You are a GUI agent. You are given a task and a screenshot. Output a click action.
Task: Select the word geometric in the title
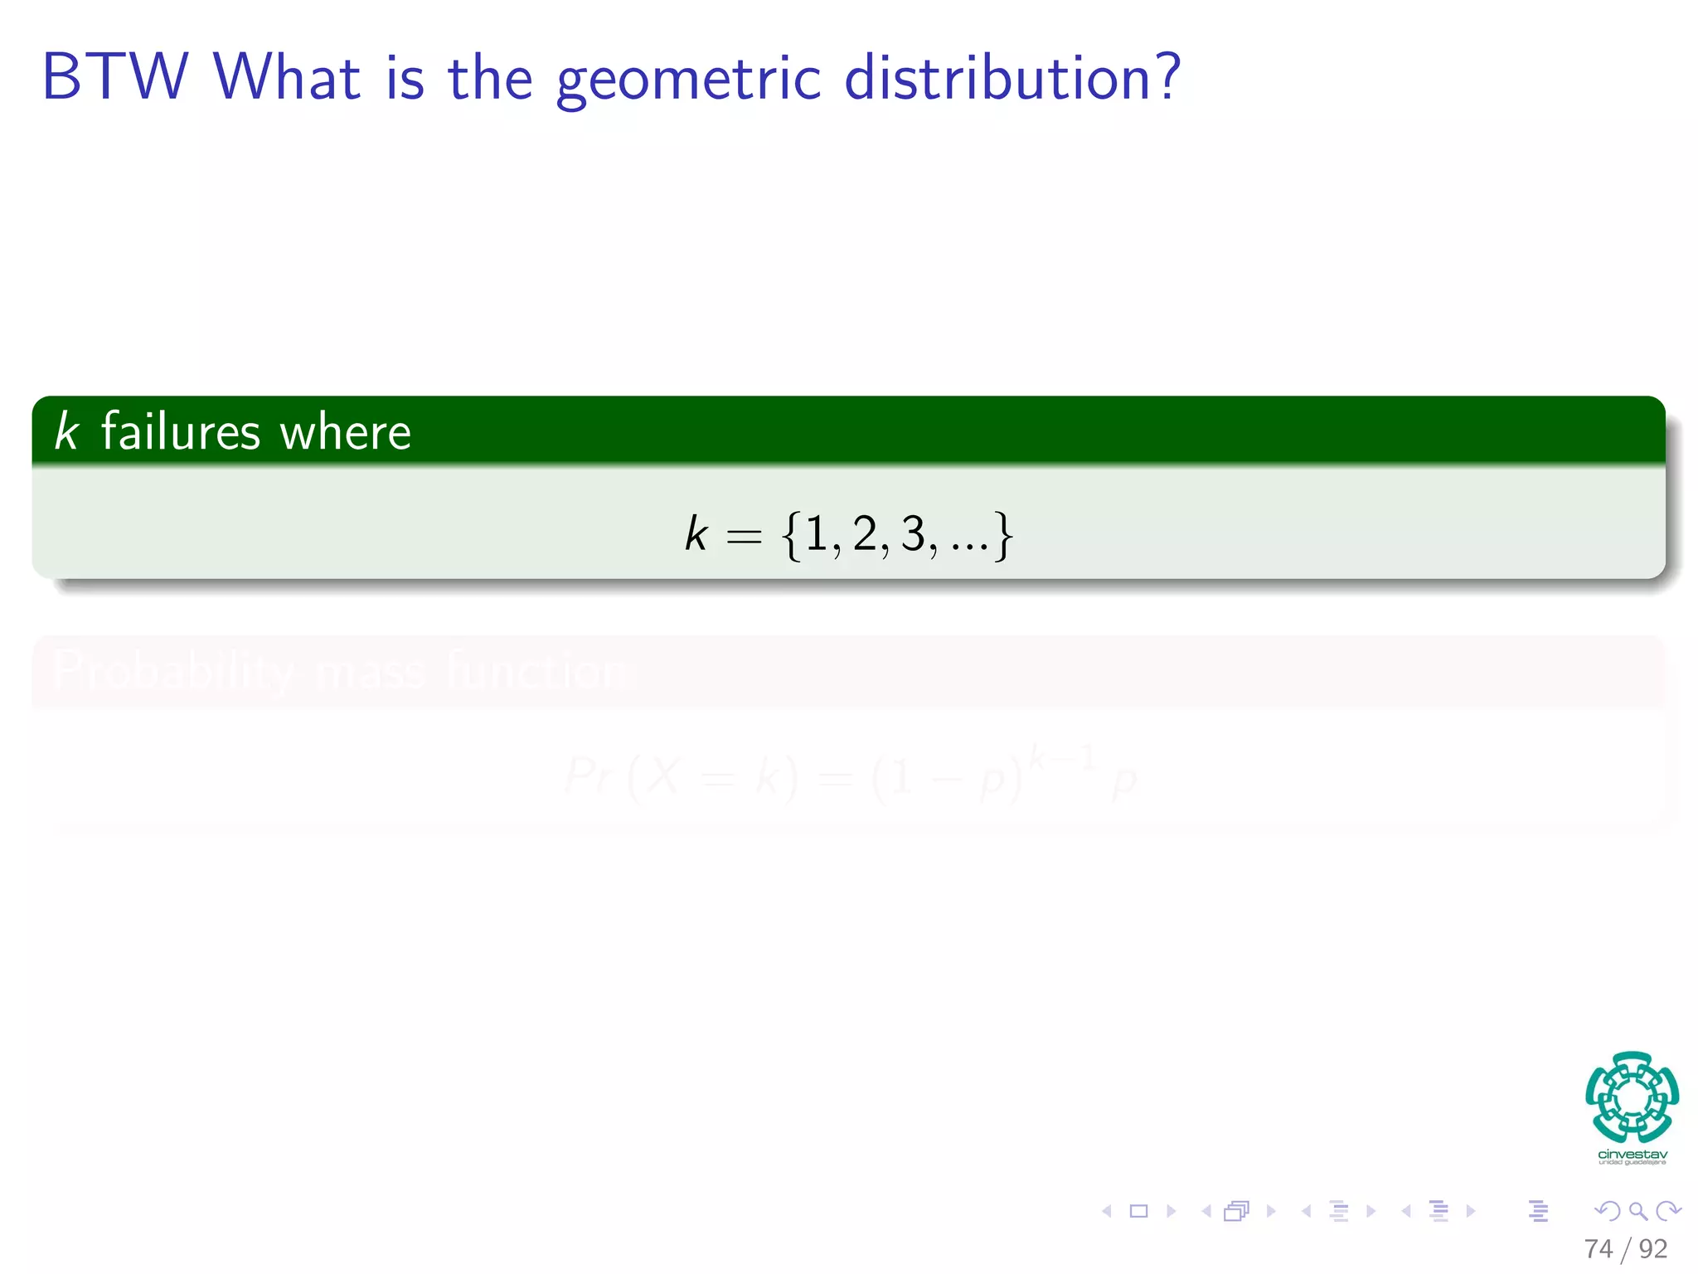[688, 80]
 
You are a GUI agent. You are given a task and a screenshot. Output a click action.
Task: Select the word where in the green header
[345, 433]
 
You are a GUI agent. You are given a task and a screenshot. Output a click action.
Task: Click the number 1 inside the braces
[816, 533]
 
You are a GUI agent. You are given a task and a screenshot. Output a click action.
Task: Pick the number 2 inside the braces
[864, 533]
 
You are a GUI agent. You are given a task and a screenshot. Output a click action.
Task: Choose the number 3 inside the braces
[913, 533]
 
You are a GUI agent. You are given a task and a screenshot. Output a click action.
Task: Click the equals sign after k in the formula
[743, 537]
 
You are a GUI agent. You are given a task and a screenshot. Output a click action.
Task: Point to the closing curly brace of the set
[1003, 536]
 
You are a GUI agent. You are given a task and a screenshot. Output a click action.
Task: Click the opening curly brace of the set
[791, 536]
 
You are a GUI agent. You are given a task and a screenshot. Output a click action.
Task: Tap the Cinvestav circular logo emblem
[1632, 1097]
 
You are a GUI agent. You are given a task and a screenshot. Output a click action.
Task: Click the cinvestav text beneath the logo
[1632, 1155]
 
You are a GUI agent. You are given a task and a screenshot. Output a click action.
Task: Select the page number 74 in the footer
[1598, 1248]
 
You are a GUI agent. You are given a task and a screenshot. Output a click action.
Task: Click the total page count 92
[1652, 1248]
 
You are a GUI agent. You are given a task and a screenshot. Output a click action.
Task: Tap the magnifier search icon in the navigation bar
[1637, 1211]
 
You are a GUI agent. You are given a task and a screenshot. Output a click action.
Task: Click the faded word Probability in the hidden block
[172, 670]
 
